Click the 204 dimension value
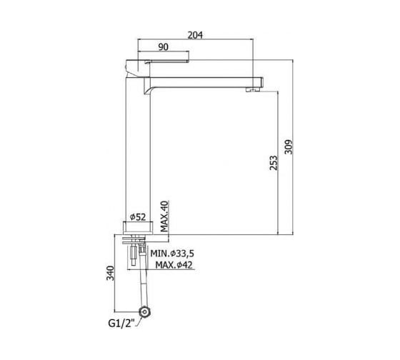pyautogui.click(x=195, y=35)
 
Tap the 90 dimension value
pyautogui.click(x=164, y=47)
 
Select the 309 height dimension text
pyautogui.click(x=289, y=146)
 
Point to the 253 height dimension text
pyautogui.click(x=273, y=163)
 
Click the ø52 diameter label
pyautogui.click(x=138, y=217)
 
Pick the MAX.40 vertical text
pyautogui.click(x=164, y=216)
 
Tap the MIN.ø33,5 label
pyautogui.click(x=172, y=254)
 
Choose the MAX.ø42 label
pyautogui.click(x=174, y=265)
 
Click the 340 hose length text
pyautogui.click(x=110, y=273)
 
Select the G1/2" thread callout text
pyautogui.click(x=121, y=324)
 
